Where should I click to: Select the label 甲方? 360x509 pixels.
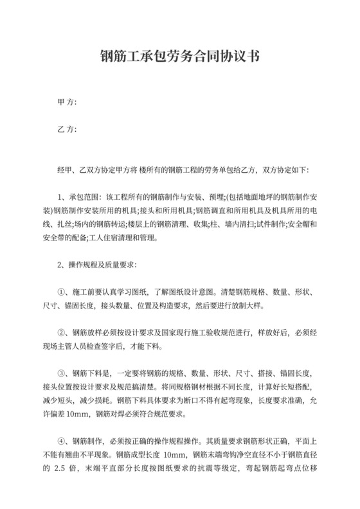tap(67, 102)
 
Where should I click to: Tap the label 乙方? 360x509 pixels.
tap(67, 129)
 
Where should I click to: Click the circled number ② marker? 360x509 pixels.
tap(62, 333)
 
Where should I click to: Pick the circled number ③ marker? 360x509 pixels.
tap(62, 374)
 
